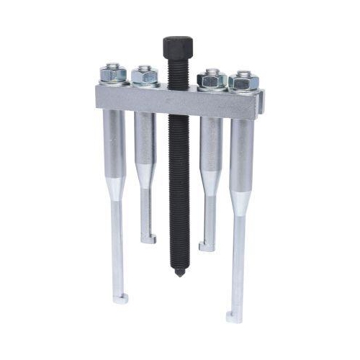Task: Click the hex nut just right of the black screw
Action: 212,77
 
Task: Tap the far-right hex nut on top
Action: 243,79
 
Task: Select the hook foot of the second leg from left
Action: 148,239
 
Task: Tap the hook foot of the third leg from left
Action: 207,247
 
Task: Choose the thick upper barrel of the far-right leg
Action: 241,155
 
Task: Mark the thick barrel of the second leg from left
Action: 144,140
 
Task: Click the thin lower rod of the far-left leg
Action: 117,245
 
